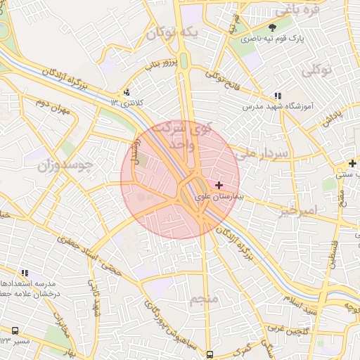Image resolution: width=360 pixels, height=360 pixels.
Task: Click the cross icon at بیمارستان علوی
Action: coord(219,184)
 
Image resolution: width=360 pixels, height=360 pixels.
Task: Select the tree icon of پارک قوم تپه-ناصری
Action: coord(283,28)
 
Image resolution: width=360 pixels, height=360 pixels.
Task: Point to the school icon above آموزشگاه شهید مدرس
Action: coord(278,95)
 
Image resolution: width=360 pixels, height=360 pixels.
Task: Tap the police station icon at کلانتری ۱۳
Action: coord(127,92)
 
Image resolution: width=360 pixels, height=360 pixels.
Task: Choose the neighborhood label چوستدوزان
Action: coord(63,166)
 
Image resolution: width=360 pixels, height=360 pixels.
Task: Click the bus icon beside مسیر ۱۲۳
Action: coord(15,330)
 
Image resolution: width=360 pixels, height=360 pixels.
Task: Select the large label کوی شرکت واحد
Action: coord(192,136)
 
